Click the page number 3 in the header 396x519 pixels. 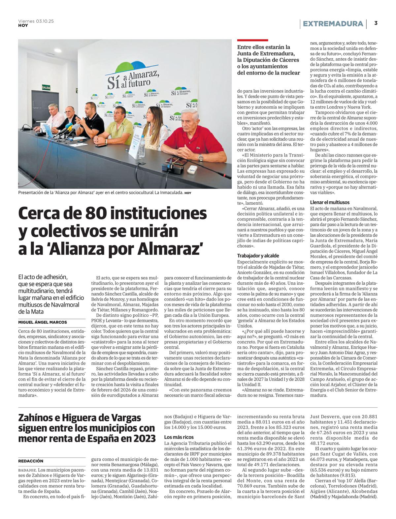point(376,23)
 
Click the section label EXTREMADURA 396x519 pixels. point(333,24)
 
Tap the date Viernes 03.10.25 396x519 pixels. point(36,21)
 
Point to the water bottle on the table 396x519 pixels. point(142,146)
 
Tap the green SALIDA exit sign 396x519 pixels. point(46,87)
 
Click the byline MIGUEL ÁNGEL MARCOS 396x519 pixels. point(43,322)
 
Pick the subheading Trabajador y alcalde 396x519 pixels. point(258,256)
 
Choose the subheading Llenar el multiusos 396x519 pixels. point(330,202)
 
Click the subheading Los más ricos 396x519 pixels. point(179,437)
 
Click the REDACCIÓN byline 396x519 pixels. point(31,461)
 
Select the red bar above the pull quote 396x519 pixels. point(252,40)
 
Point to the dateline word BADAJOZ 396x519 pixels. point(27,470)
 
